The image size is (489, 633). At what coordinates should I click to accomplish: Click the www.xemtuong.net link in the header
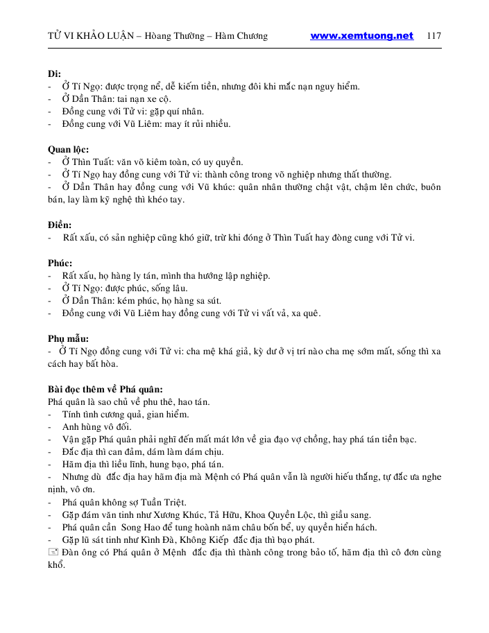click(x=361, y=36)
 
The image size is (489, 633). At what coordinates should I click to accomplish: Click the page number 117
click(x=434, y=36)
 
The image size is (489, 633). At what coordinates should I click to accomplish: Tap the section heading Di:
click(x=54, y=74)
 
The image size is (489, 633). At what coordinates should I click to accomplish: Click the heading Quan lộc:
click(x=68, y=149)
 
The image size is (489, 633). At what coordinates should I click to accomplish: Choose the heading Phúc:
click(x=60, y=263)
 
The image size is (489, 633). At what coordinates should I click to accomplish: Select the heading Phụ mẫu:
click(x=68, y=338)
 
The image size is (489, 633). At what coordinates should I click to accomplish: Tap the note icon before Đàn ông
click(x=53, y=553)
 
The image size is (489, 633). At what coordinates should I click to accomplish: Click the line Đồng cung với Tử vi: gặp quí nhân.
click(x=132, y=112)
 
